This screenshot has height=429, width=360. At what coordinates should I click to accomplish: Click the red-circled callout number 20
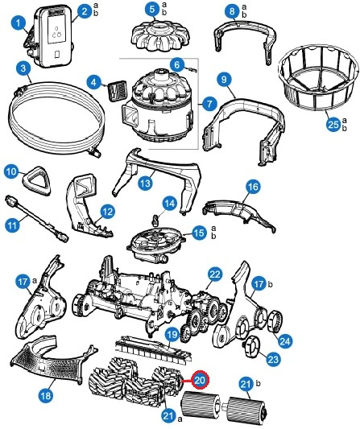tap(200, 380)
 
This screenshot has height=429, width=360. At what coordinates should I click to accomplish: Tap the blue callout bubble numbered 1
tap(19, 23)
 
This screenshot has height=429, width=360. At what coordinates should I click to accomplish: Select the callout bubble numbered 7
tap(209, 104)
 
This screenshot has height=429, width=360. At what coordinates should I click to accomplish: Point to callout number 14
tap(169, 204)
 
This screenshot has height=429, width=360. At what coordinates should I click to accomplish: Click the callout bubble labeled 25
tap(333, 125)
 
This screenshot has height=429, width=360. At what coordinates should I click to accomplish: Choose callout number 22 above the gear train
tap(215, 274)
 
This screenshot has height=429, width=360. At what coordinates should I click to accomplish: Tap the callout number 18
tap(46, 395)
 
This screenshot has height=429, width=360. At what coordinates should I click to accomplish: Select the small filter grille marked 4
tap(118, 91)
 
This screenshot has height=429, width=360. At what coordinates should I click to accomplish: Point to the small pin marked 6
tap(192, 70)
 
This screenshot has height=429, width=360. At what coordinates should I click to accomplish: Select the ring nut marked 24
tap(275, 322)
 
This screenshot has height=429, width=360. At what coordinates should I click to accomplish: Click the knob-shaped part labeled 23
tap(251, 346)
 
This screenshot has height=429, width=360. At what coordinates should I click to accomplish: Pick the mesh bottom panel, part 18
tap(53, 361)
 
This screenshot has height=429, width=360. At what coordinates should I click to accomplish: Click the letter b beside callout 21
tap(259, 383)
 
